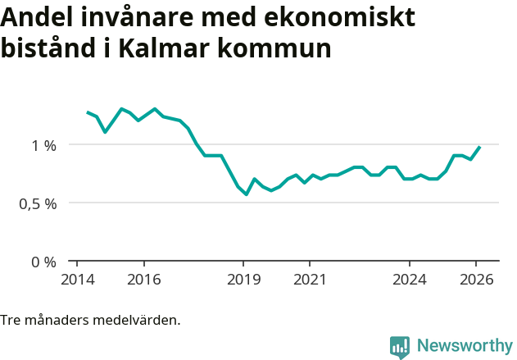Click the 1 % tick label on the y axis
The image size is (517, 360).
[x=43, y=145]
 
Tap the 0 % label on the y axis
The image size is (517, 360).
[x=43, y=262]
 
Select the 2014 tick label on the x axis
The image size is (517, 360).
[x=77, y=280]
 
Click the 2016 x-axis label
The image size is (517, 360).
[x=143, y=280]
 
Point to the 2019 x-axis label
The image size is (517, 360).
[x=243, y=280]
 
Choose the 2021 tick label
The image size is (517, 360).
[x=310, y=280]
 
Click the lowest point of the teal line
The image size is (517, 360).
[x=246, y=194]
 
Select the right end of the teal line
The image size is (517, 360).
[x=479, y=147]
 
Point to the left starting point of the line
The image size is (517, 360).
[x=88, y=112]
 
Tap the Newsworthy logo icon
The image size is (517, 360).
[x=400, y=347]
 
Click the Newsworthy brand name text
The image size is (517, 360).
[x=465, y=346]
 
